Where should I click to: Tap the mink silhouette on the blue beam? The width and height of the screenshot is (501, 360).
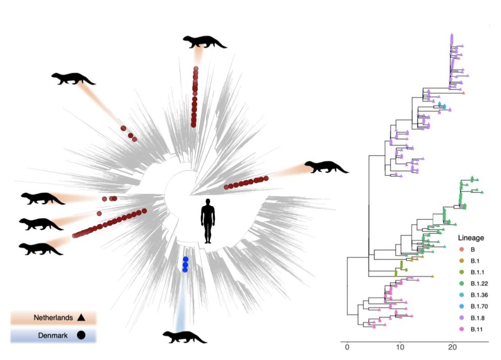[184, 337]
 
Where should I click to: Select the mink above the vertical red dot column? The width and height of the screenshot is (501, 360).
[204, 42]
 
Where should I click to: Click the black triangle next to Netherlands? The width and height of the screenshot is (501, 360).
[81, 318]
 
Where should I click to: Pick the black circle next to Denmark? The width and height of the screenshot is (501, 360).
[81, 336]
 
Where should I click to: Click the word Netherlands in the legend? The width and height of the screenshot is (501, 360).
[53, 318]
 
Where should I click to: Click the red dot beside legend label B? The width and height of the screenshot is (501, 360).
[461, 250]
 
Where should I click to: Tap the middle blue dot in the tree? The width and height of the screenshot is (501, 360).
[185, 264]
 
